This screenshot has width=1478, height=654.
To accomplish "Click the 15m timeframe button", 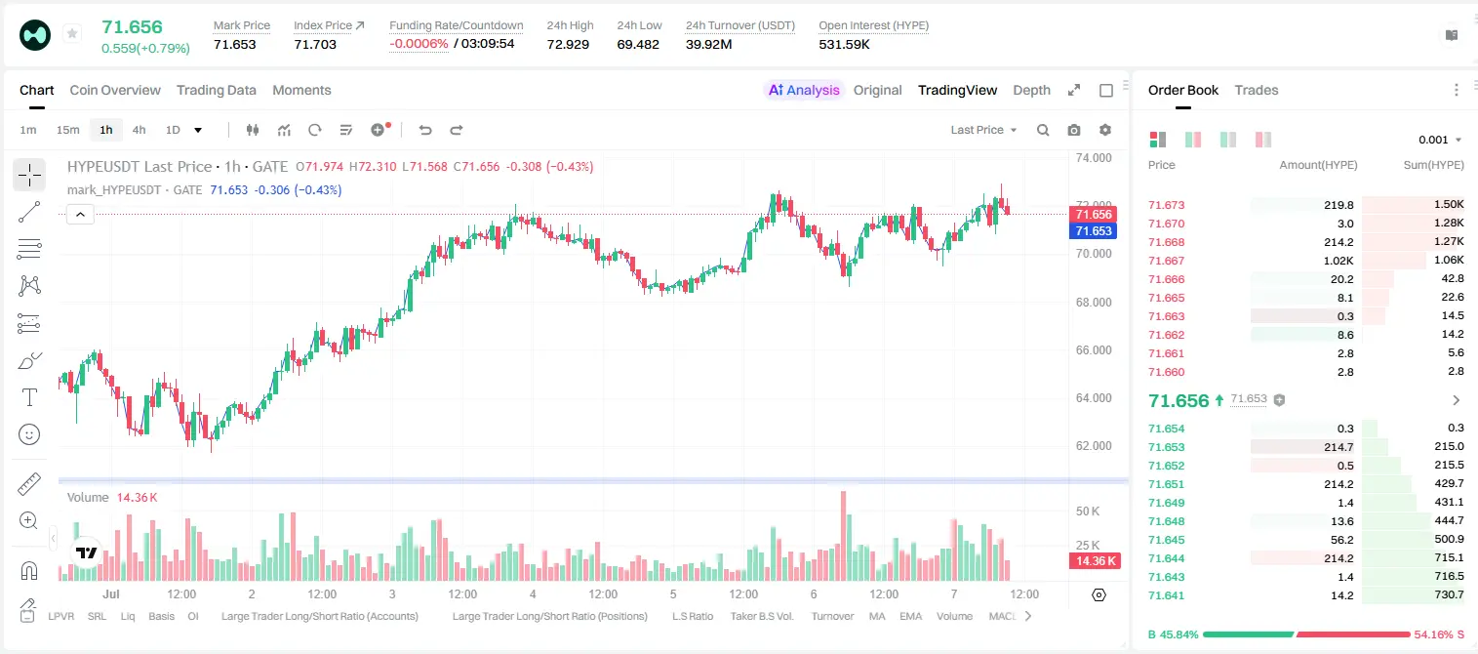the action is (x=67, y=130).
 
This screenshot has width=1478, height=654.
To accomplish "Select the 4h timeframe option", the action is (x=139, y=130).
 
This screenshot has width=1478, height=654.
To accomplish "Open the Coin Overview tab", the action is (x=115, y=90).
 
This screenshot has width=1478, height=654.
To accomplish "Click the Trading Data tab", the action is (x=216, y=90).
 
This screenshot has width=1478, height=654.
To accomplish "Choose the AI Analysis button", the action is (x=804, y=90).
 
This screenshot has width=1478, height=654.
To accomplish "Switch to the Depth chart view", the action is (x=1031, y=90).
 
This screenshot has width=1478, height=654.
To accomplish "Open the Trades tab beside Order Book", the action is (x=1257, y=90).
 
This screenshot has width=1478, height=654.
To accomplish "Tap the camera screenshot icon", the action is (x=1074, y=130).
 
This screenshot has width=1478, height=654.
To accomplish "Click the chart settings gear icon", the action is (x=1105, y=130).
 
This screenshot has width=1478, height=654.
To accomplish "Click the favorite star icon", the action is (x=72, y=33).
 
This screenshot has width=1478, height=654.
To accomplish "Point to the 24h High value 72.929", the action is (x=568, y=44).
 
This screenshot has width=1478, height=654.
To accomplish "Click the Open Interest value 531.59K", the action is (x=844, y=44).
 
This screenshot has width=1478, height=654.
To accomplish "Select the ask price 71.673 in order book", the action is (x=1166, y=205).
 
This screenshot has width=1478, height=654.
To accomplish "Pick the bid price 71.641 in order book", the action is (x=1166, y=595).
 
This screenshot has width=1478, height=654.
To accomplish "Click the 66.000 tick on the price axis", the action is (x=1094, y=350).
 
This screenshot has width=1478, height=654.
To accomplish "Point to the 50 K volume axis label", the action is (x=1088, y=511).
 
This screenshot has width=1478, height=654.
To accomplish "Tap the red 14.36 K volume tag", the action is (x=1095, y=561).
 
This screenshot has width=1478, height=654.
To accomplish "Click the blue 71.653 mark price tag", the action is (x=1093, y=231).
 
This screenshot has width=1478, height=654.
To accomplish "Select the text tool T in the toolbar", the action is (x=29, y=397).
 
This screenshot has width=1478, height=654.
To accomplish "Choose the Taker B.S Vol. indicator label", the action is (x=761, y=616).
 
